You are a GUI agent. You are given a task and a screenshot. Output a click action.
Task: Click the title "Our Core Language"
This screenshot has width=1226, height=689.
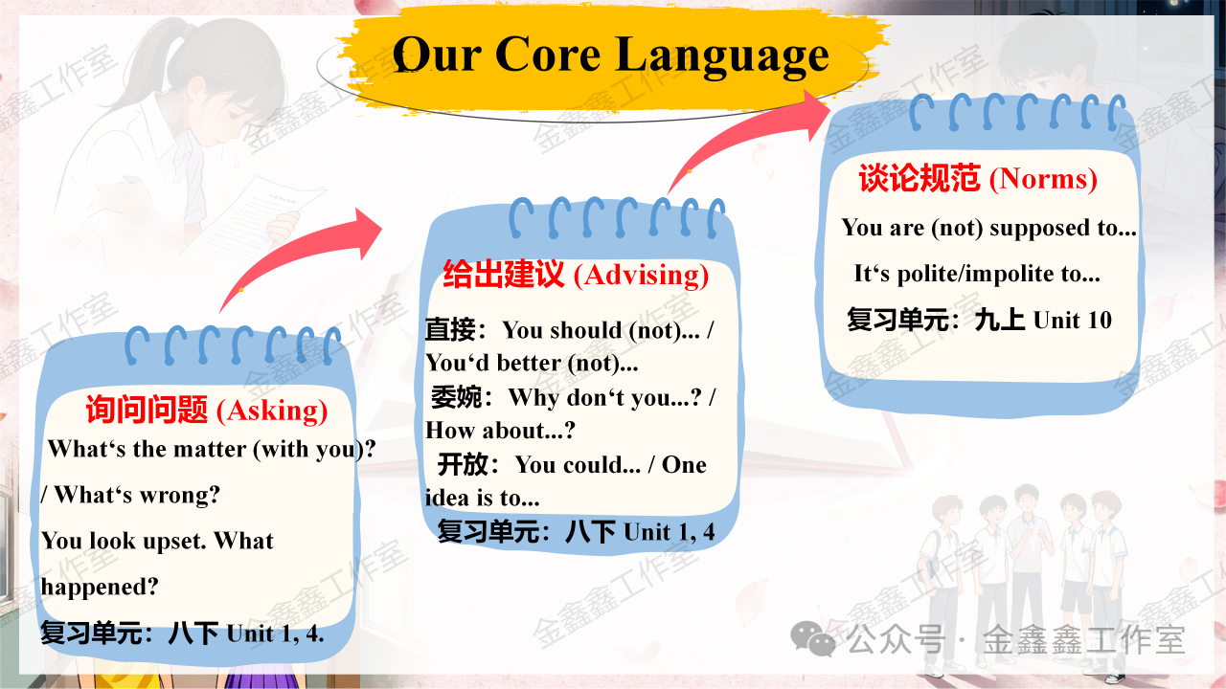tap(610, 56)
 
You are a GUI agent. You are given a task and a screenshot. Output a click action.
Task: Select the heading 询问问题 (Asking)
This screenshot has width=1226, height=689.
tap(206, 410)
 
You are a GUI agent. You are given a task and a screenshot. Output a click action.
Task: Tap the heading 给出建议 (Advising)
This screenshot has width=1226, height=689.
tap(576, 275)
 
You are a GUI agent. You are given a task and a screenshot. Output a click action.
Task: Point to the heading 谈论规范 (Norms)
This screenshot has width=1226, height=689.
tap(978, 178)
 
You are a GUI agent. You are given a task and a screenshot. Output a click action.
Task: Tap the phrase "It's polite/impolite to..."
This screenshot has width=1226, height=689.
tap(977, 274)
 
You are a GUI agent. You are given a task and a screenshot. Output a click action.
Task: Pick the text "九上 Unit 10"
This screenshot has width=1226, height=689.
tap(1043, 320)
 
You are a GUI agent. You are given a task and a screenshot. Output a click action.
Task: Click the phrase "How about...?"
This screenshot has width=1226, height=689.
tap(500, 431)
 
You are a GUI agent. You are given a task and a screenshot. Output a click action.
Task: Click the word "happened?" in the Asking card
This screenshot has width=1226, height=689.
tap(100, 588)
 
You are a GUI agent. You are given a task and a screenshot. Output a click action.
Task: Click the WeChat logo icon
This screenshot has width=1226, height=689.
tap(813, 639)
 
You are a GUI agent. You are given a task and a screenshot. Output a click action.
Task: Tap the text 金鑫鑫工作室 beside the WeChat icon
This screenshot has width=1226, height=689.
tap(1084, 639)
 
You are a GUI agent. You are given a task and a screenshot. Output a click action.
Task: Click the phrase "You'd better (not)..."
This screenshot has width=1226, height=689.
tap(532, 364)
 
